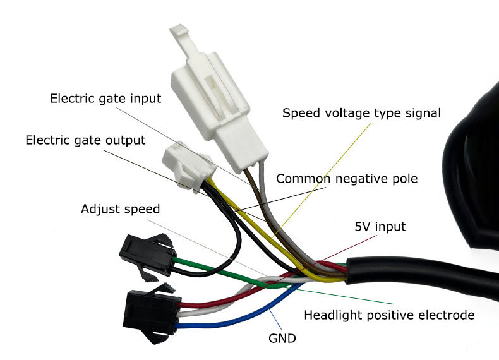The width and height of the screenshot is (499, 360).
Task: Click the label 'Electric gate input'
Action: (x=105, y=99)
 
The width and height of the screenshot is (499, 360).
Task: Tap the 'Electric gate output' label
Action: (x=85, y=140)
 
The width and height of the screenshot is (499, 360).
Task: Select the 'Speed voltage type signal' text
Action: (x=361, y=113)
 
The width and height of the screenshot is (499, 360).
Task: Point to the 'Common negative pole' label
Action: (x=347, y=179)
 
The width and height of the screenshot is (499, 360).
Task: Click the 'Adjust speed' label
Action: (x=121, y=208)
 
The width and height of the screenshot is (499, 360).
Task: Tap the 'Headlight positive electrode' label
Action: (x=389, y=315)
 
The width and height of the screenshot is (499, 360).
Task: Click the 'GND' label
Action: (x=282, y=338)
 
